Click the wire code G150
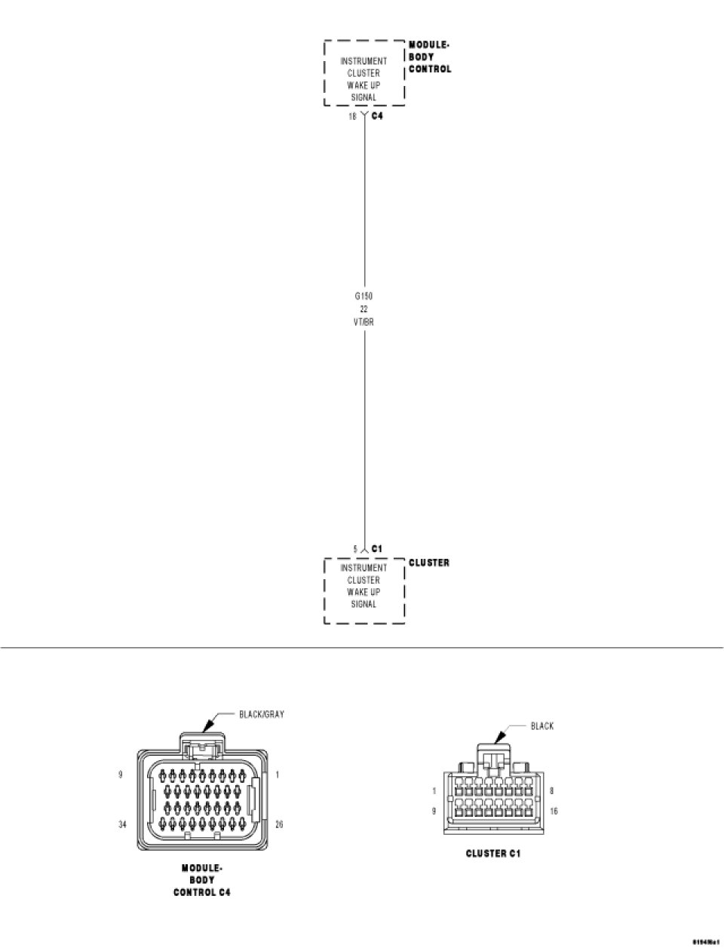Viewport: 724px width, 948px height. (x=364, y=296)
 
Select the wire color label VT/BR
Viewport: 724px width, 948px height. (x=364, y=321)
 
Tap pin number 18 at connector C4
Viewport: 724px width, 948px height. (x=352, y=117)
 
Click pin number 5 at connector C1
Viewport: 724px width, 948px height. (x=355, y=548)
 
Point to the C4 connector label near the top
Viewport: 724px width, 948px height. (x=378, y=117)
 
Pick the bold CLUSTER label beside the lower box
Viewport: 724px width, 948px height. (x=429, y=563)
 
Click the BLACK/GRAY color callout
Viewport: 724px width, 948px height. (x=261, y=714)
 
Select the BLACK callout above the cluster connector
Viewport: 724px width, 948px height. (x=541, y=726)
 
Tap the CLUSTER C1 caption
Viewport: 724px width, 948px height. (x=493, y=854)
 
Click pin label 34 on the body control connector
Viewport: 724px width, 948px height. (x=122, y=824)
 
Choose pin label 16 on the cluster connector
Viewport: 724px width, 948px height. (x=555, y=811)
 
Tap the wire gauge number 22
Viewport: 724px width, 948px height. (x=364, y=309)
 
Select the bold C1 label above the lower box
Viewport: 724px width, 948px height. (x=377, y=548)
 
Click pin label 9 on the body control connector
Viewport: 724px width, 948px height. (x=121, y=774)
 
